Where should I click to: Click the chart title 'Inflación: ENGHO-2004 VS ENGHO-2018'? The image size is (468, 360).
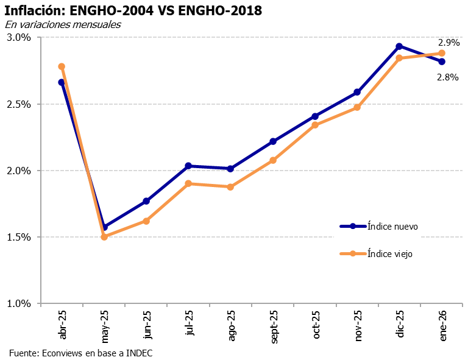pyautogui.click(x=133, y=10)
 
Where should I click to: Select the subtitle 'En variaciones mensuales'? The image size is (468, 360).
pyautogui.click(x=63, y=25)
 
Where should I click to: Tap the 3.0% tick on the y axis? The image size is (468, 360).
pyautogui.click(x=19, y=38)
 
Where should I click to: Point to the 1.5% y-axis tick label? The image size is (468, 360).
pyautogui.click(x=19, y=237)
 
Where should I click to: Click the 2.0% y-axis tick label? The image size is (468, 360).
pyautogui.click(x=19, y=171)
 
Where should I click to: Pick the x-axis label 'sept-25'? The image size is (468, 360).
pyautogui.click(x=274, y=326)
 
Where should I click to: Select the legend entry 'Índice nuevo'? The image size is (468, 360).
pyautogui.click(x=392, y=226)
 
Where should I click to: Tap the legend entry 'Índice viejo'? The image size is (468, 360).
pyautogui.click(x=390, y=253)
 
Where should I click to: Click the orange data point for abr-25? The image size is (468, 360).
pyautogui.click(x=62, y=66)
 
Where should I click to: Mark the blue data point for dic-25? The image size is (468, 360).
pyautogui.click(x=399, y=46)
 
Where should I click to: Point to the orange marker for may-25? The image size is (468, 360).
pyautogui.click(x=104, y=237)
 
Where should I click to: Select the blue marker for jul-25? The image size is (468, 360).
pyautogui.click(x=188, y=166)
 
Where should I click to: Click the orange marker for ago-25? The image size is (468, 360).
pyautogui.click(x=230, y=187)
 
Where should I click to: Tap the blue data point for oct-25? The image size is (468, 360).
pyautogui.click(x=315, y=116)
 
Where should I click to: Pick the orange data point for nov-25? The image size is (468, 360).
pyautogui.click(x=357, y=107)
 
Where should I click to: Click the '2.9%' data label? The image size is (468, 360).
pyautogui.click(x=448, y=43)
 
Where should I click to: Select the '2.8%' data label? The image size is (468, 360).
pyautogui.click(x=447, y=77)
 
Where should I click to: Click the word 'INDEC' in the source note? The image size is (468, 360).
pyautogui.click(x=140, y=353)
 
